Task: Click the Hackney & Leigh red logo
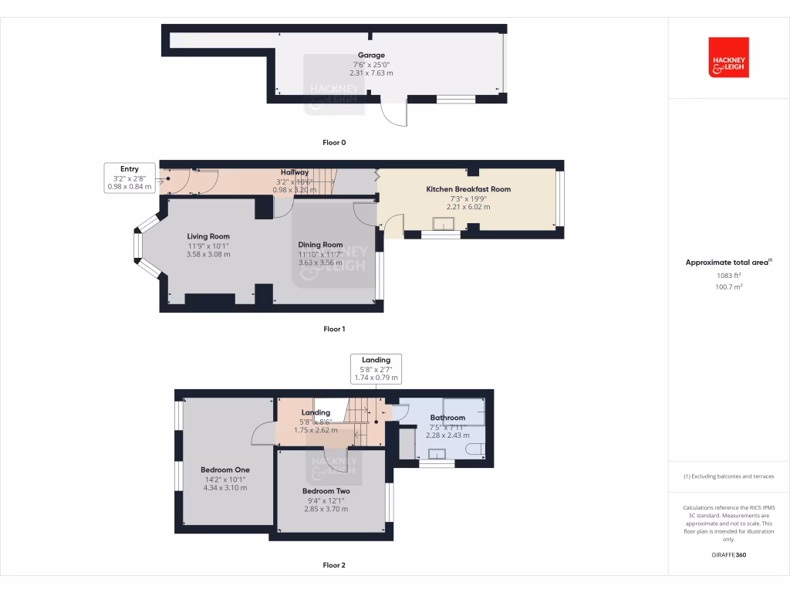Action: [x=728, y=57]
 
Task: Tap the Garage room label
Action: [x=373, y=56]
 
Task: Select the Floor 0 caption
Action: [x=334, y=143]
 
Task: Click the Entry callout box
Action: [x=130, y=178]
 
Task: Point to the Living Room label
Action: [x=208, y=237]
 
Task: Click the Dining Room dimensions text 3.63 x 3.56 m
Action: [x=320, y=263]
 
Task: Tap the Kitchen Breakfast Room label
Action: [x=468, y=189]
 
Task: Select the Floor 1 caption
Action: [x=334, y=329]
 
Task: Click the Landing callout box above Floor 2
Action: [x=376, y=369]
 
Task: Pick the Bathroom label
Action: [x=447, y=418]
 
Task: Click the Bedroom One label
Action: [x=225, y=469]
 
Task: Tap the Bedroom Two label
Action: [x=326, y=491]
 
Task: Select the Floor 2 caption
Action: [x=334, y=565]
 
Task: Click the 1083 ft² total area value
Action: [x=728, y=275]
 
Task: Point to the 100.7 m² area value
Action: [x=728, y=286]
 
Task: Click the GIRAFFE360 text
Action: [x=728, y=554]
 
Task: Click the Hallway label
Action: [x=294, y=172]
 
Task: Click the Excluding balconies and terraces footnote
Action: [x=728, y=476]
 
